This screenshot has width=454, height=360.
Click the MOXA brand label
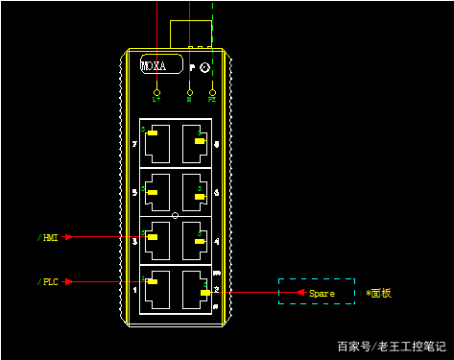(154, 66)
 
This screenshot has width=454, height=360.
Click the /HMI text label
(48, 236)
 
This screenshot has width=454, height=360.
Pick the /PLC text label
(48, 282)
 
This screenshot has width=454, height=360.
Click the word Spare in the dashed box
(322, 293)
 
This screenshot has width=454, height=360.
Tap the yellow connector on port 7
(152, 133)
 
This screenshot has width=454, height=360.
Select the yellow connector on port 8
(200, 141)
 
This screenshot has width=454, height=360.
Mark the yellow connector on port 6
(200, 195)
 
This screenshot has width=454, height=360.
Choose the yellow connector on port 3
(152, 236)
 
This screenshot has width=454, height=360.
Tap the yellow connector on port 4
(200, 242)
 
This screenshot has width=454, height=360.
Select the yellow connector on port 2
(205, 291)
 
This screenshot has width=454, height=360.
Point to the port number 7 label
(134, 145)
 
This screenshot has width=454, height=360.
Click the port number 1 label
(134, 289)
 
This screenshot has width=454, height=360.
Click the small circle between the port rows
(175, 215)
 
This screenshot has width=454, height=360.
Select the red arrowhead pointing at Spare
(300, 292)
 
